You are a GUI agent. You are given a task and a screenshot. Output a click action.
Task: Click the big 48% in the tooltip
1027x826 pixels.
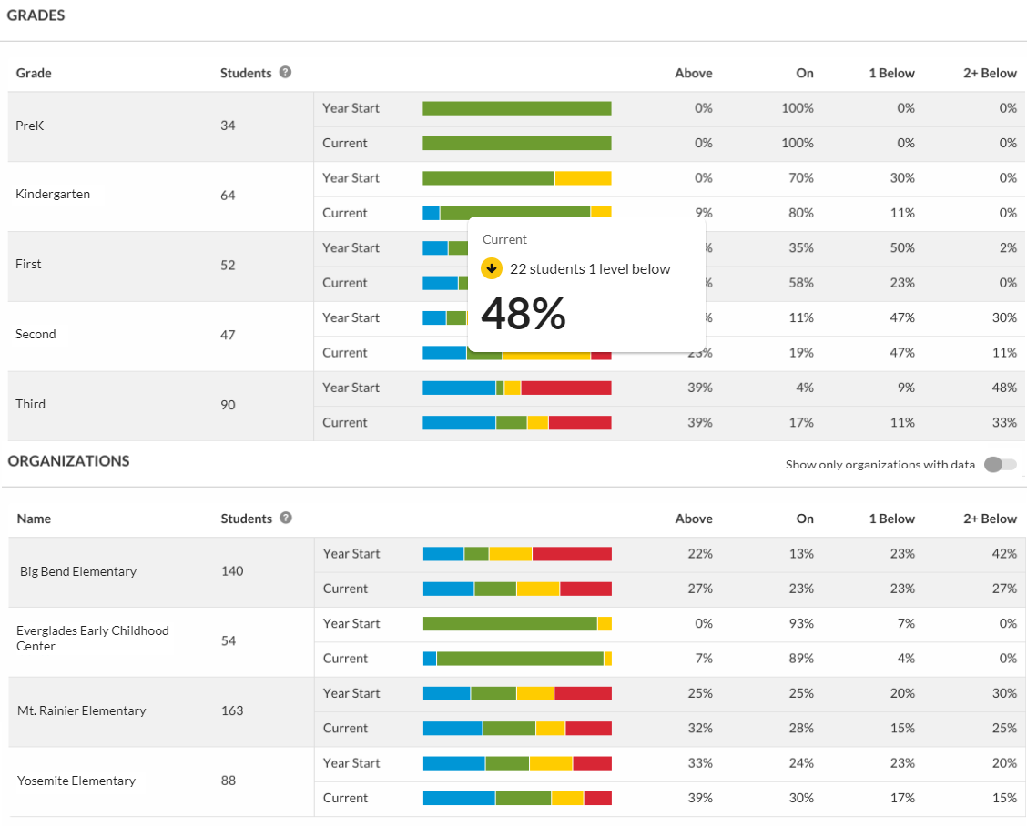coord(524,314)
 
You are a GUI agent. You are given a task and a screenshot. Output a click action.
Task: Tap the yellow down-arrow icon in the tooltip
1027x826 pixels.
coord(492,268)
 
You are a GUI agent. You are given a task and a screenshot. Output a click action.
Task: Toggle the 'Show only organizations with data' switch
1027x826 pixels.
coord(1000,465)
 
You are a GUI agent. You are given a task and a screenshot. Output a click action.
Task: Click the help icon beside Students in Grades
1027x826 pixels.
coord(285,72)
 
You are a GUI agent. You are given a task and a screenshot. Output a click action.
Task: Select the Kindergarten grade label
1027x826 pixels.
coord(53,194)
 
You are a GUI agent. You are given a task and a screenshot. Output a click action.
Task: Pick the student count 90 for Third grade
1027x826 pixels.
coord(228,405)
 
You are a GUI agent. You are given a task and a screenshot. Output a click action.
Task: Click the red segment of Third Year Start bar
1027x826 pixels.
coord(565,388)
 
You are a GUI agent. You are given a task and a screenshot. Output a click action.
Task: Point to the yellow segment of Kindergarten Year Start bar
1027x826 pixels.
coord(583,178)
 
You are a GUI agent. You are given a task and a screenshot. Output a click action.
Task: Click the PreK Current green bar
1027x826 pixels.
coord(516,143)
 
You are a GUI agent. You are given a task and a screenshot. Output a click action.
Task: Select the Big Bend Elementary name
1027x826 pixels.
coord(78,571)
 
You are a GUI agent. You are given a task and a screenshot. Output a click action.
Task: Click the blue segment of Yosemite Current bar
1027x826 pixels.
coord(459,798)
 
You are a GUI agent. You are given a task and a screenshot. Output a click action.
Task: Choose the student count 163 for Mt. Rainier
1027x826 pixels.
coord(232,710)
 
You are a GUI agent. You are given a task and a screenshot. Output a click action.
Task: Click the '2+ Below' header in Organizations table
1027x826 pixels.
coord(991,519)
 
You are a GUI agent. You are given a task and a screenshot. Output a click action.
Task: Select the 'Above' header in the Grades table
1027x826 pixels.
coord(694,73)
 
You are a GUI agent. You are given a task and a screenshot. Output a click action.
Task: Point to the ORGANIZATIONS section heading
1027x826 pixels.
coord(69,461)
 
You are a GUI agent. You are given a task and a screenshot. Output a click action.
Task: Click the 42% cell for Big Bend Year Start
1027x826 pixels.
coord(1005,553)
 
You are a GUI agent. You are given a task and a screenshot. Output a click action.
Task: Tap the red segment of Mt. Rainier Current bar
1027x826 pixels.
coord(588,728)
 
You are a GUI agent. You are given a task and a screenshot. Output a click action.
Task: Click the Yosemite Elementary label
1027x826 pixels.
coord(76,781)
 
